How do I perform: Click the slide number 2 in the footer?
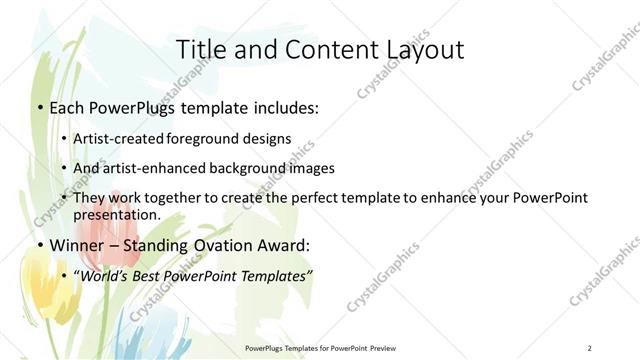pyautogui.click(x=590, y=347)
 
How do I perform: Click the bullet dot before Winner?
pyautogui.click(x=40, y=245)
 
